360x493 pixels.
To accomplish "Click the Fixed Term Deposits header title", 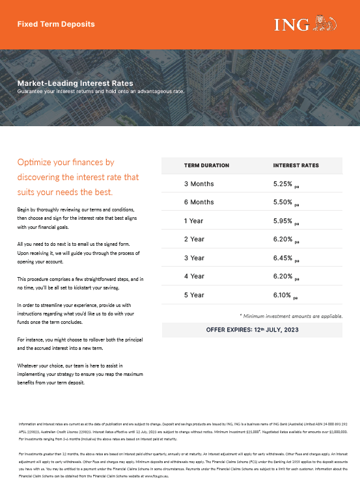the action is (x=55, y=24).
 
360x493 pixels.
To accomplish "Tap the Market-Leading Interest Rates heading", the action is (x=75, y=83).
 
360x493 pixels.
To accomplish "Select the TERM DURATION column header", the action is (x=206, y=166).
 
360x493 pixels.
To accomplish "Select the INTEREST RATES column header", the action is (x=296, y=166).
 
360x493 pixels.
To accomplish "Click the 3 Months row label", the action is (x=199, y=184).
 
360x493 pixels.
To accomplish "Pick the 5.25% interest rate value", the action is (x=284, y=184).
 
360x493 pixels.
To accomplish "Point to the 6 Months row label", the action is (x=199, y=202).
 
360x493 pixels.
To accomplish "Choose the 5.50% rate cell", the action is (x=284, y=202).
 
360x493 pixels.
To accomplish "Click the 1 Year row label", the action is (x=193, y=221).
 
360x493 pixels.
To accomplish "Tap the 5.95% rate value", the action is (x=284, y=221).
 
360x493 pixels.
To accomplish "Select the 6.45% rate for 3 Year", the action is (x=284, y=258).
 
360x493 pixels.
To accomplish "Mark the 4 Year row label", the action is (x=194, y=276).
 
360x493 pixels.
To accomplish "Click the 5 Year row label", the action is (x=194, y=295).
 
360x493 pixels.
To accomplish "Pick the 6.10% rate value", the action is (x=284, y=295).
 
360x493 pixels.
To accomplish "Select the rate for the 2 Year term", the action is (x=284, y=239).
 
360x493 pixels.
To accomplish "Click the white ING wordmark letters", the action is (x=292, y=25).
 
